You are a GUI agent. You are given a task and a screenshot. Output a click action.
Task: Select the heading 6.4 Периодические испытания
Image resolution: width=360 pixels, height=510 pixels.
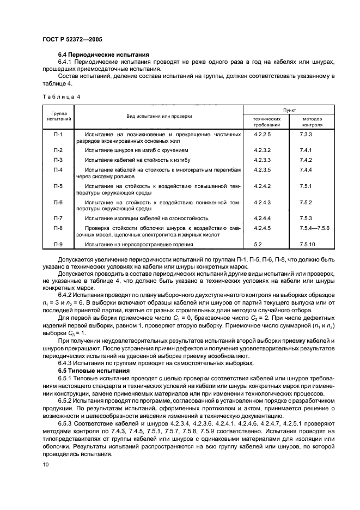point(103,56)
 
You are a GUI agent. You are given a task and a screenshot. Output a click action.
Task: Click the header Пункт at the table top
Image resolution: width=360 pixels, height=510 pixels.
point(297,110)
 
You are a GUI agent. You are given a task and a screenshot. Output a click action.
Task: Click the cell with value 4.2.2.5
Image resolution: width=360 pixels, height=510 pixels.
point(263,133)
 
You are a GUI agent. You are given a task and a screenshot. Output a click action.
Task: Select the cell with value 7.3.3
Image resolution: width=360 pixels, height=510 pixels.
point(306,133)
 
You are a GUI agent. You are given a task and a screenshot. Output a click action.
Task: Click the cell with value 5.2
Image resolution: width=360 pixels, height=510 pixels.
point(258,244)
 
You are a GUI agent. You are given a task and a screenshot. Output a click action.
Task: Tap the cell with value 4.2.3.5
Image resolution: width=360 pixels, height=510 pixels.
point(263,169)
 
